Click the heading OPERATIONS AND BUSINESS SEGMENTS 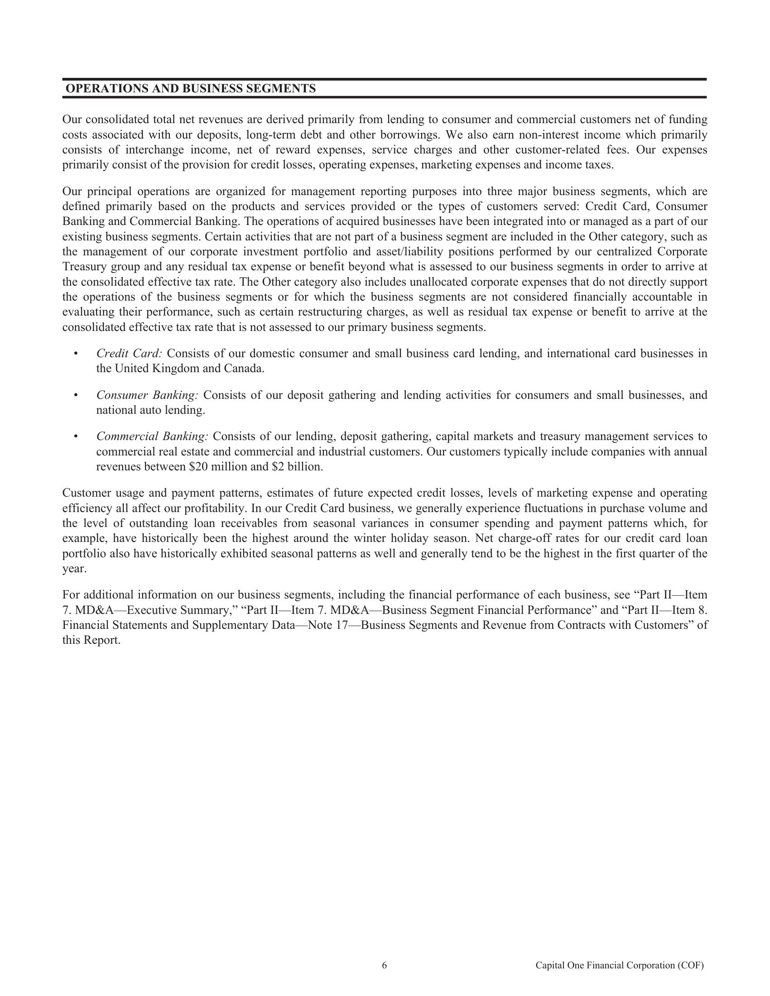pyautogui.click(x=191, y=88)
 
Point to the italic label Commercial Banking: pyautogui.click(x=152, y=436)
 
